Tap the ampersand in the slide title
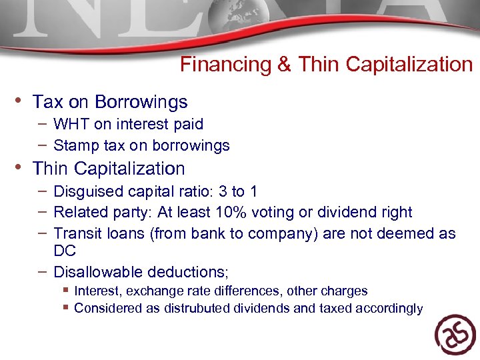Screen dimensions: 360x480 tap(283, 65)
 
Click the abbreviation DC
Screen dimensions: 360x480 tap(65, 251)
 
